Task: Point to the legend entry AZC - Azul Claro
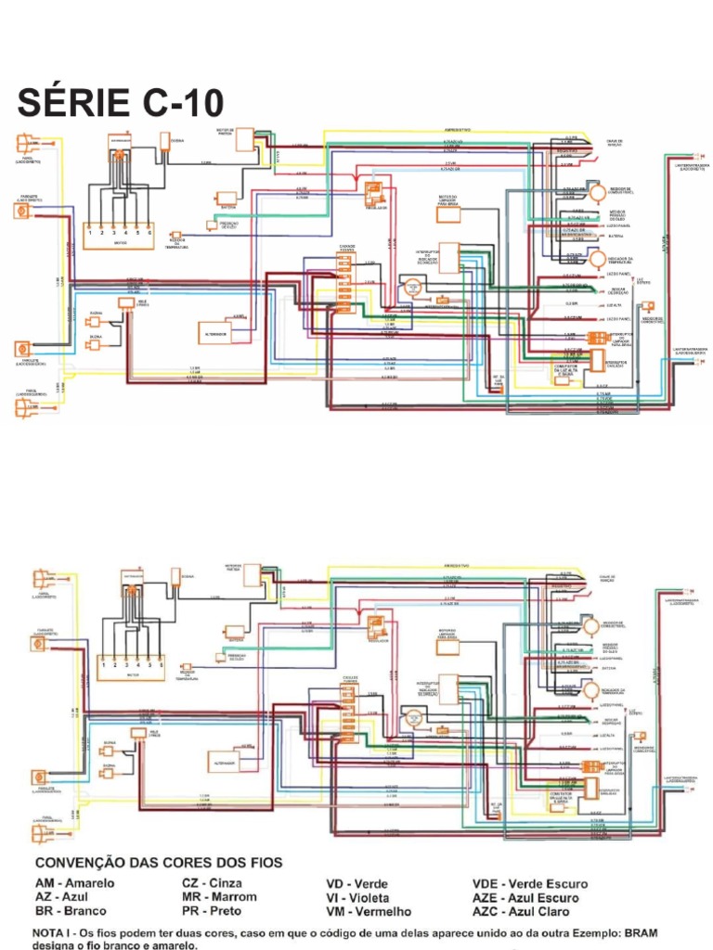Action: click(525, 912)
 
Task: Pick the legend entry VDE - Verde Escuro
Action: click(529, 884)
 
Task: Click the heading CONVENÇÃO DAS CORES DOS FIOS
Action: click(158, 862)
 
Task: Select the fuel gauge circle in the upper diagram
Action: click(596, 193)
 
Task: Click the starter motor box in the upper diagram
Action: click(244, 140)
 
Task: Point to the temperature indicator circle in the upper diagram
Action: click(596, 259)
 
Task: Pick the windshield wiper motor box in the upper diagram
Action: click(449, 216)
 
